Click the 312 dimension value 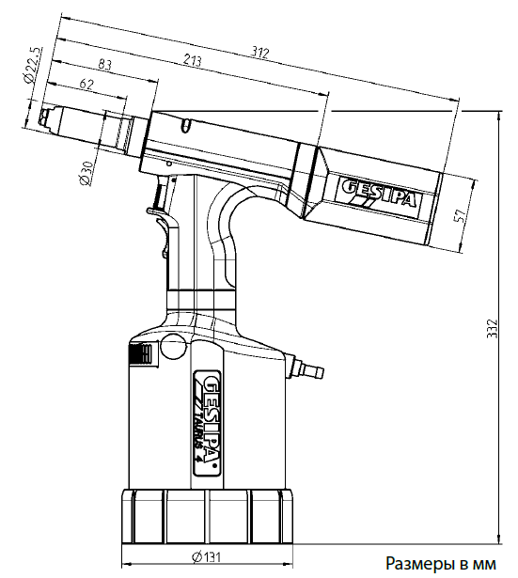point(260,53)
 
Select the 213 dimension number point(192,60)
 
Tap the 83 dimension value point(104,65)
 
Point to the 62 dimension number point(86,84)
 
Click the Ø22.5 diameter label point(33,65)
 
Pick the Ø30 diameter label point(87,173)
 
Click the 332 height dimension point(492,328)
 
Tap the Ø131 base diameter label point(207,557)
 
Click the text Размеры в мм point(441,564)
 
